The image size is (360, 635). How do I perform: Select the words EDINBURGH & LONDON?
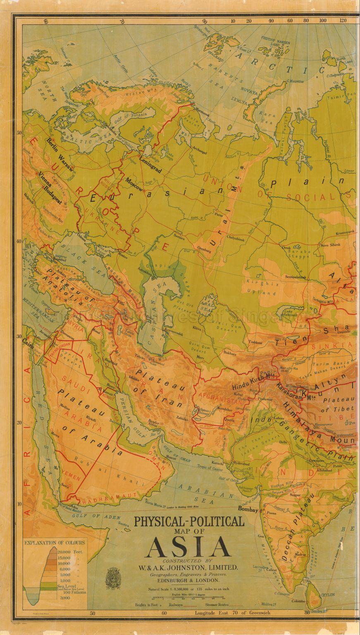coord(188,580)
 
